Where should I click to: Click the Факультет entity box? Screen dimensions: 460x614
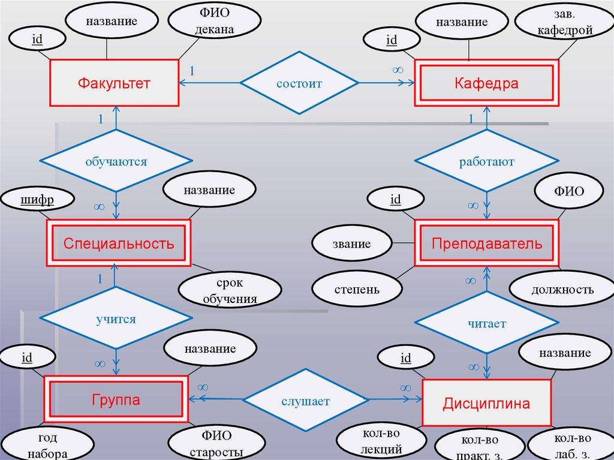click(x=113, y=83)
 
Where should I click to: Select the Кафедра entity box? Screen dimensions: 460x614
click(x=486, y=83)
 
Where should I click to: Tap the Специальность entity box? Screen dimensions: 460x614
click(x=119, y=243)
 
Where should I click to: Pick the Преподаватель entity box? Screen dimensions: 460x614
click(x=487, y=243)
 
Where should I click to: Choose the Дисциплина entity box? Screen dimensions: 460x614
click(x=486, y=403)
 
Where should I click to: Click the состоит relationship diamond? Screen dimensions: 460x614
click(x=299, y=83)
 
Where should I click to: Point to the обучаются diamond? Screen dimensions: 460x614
click(x=116, y=161)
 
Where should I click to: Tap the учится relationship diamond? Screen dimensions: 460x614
click(x=116, y=319)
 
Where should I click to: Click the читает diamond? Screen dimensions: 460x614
click(x=487, y=323)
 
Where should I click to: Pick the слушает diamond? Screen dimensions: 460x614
click(x=305, y=401)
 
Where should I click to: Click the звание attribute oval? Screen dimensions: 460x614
click(x=351, y=243)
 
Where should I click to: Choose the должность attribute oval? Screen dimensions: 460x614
click(x=562, y=290)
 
